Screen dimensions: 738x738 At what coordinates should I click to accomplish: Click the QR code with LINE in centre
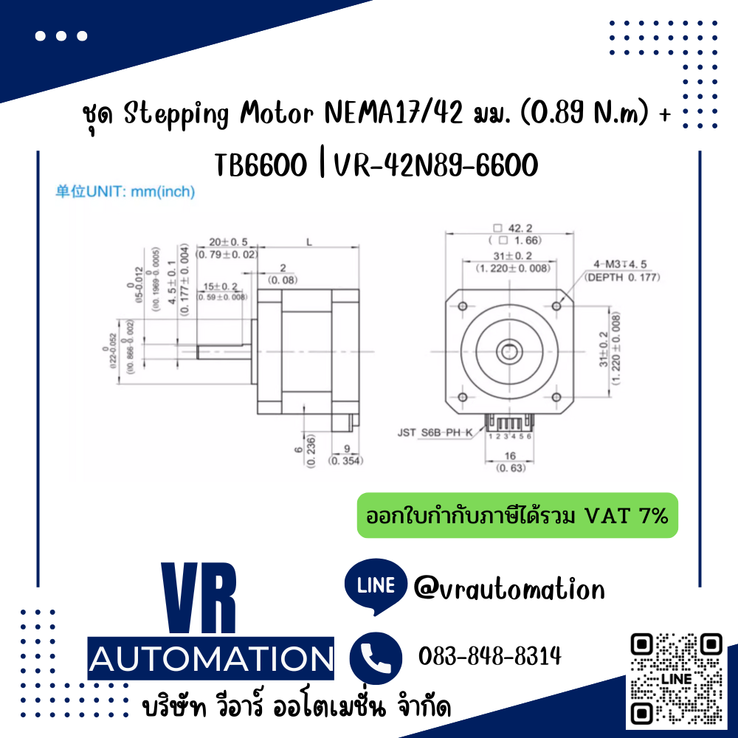point(677,677)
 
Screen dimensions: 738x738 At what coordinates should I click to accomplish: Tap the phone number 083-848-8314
point(489,655)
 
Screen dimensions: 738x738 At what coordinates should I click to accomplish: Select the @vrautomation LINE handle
point(509,588)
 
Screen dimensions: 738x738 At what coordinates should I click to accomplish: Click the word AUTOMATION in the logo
point(210,657)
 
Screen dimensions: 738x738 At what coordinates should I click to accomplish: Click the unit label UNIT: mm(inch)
point(125,193)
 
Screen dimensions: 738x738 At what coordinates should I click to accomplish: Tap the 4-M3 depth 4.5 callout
point(621,271)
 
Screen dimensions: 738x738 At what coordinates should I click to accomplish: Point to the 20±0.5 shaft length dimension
point(228,242)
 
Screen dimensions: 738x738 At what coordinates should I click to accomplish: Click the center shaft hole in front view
point(509,352)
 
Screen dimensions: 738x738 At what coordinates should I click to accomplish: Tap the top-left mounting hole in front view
point(463,306)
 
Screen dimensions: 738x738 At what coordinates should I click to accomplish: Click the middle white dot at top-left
point(62,35)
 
